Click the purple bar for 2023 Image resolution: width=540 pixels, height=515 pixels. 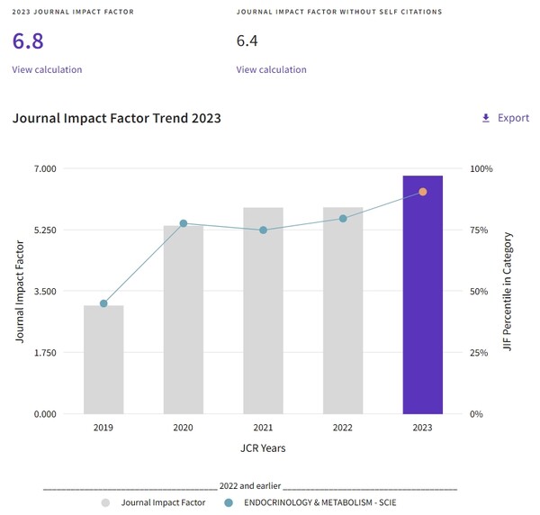[x=422, y=297]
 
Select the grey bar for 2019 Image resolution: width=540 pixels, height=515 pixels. [x=103, y=360]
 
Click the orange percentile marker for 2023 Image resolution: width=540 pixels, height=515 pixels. [x=422, y=192]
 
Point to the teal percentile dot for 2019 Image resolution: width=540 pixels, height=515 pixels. [x=103, y=303]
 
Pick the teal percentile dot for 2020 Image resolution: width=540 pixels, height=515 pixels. [x=183, y=223]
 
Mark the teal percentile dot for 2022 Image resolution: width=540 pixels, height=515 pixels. [x=343, y=218]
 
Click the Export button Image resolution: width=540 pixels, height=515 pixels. [x=505, y=118]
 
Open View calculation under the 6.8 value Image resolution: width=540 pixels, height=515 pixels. [x=47, y=69]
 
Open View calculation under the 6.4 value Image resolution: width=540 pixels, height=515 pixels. [x=271, y=69]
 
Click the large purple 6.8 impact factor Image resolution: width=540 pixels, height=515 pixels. [x=28, y=41]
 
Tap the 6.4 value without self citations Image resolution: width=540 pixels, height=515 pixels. [x=247, y=41]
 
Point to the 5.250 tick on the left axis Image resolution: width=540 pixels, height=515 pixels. [x=45, y=230]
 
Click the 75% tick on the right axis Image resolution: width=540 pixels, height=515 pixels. [x=481, y=230]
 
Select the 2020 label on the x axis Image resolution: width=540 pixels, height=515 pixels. [x=183, y=428]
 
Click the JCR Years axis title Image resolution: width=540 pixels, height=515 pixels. [x=263, y=447]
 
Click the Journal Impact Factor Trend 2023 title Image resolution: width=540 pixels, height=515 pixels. [x=117, y=118]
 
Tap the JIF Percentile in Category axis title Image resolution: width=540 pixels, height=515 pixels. [x=508, y=291]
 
